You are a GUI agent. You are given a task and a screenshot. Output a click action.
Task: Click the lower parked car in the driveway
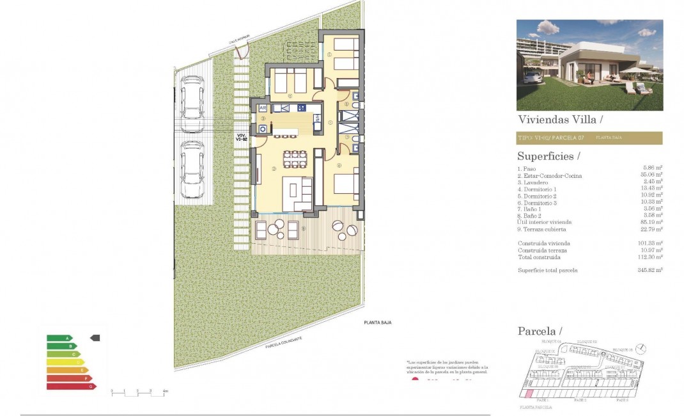point(192,169)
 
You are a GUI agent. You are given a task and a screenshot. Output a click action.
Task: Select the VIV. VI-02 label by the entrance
point(241,137)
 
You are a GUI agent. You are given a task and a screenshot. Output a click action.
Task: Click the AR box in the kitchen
point(263,108)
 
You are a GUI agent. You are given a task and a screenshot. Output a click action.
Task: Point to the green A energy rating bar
point(59,338)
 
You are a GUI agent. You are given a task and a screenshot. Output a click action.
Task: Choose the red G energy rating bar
point(71,387)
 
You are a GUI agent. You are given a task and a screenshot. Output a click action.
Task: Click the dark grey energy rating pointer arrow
point(95,337)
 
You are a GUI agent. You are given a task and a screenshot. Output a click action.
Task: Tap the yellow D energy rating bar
point(65,362)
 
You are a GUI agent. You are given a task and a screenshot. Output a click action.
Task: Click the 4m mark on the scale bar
point(166,391)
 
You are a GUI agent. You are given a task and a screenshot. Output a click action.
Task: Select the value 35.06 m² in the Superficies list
point(653,175)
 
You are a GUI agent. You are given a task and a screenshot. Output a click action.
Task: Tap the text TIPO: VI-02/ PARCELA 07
point(551,138)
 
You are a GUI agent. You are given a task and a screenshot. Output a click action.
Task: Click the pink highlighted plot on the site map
point(529,392)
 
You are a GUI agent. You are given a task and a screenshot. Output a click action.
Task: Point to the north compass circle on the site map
point(642,349)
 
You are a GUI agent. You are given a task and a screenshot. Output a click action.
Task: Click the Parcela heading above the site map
point(538,331)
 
